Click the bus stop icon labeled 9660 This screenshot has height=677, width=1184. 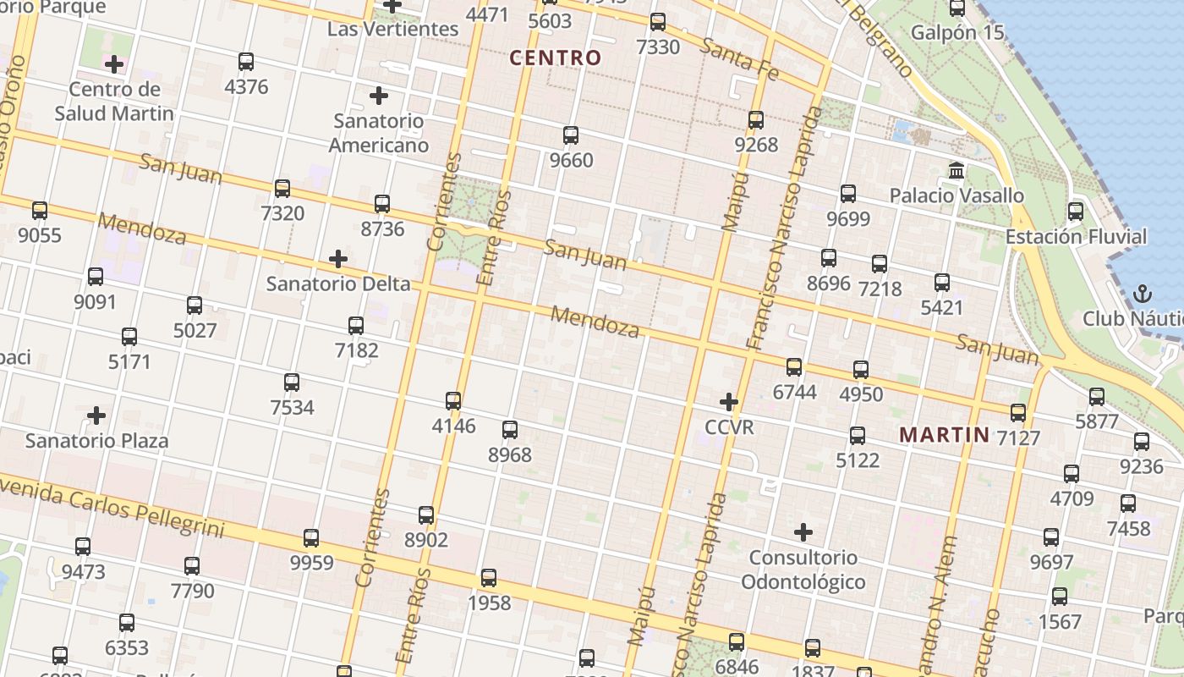tap(571, 135)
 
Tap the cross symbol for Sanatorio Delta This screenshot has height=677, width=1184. tap(338, 258)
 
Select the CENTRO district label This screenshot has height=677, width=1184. tap(556, 58)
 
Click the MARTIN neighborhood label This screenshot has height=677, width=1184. tap(944, 435)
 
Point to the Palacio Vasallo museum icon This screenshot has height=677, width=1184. tap(957, 171)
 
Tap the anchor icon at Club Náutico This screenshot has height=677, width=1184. tap(1143, 294)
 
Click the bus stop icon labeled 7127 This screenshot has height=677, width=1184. tap(1018, 413)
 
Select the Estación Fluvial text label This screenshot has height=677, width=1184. tap(1076, 237)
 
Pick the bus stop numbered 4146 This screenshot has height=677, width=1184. tap(453, 401)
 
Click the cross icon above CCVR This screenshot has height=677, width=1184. tap(729, 402)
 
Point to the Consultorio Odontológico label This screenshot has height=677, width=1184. tap(803, 570)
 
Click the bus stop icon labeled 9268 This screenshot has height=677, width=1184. tap(756, 120)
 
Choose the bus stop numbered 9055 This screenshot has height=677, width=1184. tap(40, 211)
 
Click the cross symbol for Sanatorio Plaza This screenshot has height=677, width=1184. tap(97, 416)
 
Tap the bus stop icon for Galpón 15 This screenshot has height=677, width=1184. tap(957, 8)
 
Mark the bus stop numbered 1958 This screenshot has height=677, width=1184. tap(489, 579)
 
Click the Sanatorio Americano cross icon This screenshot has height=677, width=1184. tap(379, 96)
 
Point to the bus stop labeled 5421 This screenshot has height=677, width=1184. tap(942, 283)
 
